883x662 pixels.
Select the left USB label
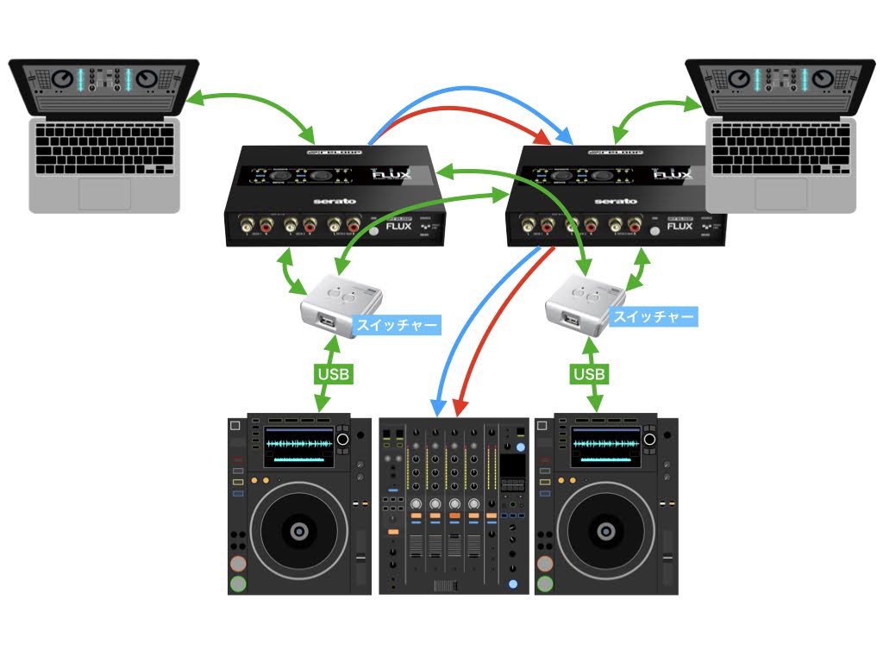pos(333,375)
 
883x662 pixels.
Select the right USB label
pos(590,375)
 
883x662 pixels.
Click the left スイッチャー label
pos(398,326)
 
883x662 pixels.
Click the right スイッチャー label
pos(653,317)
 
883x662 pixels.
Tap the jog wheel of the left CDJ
pos(298,528)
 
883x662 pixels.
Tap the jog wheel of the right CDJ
pos(607,528)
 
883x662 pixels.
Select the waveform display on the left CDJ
pos(298,446)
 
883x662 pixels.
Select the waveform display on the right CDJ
pos(605,446)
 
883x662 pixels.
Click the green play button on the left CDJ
pos(238,584)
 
